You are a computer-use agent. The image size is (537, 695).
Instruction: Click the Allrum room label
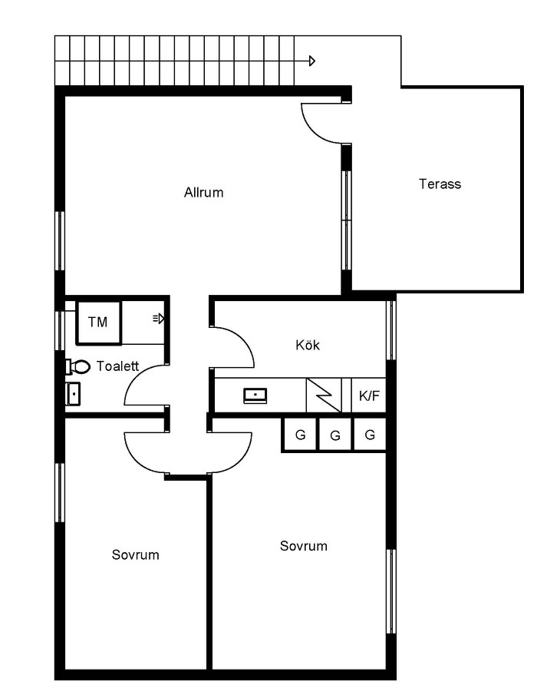pyautogui.click(x=203, y=192)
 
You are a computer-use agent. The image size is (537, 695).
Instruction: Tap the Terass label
pyautogui.click(x=440, y=184)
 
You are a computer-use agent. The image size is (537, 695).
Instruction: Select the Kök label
pyautogui.click(x=308, y=345)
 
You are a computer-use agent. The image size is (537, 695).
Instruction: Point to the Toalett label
pyautogui.click(x=118, y=366)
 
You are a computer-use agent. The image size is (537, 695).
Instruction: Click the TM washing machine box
pyautogui.click(x=98, y=323)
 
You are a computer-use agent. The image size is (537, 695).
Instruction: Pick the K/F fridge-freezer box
pyautogui.click(x=369, y=395)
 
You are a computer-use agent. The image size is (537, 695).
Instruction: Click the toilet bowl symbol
pyautogui.click(x=78, y=366)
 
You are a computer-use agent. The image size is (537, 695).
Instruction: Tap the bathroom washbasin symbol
pyautogui.click(x=73, y=394)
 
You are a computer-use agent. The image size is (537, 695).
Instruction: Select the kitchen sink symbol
pyautogui.click(x=255, y=395)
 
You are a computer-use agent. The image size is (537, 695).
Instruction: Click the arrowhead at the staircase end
pyautogui.click(x=312, y=61)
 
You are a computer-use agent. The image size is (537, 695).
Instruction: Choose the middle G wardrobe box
pyautogui.click(x=335, y=435)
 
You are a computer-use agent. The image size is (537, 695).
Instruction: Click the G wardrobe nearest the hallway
pyautogui.click(x=300, y=435)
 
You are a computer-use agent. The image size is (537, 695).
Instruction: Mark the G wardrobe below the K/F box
pyautogui.click(x=370, y=435)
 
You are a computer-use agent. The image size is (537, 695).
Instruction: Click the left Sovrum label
pyautogui.click(x=136, y=555)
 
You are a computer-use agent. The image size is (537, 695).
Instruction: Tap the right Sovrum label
pyautogui.click(x=304, y=545)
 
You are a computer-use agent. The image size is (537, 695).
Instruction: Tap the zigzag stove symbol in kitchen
pyautogui.click(x=324, y=395)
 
